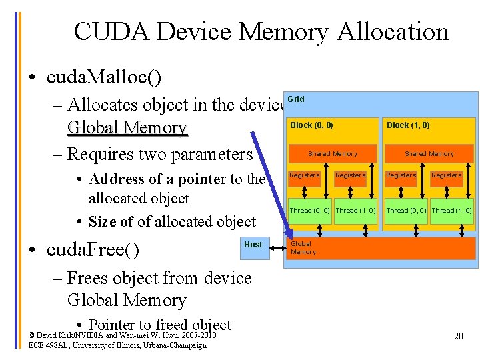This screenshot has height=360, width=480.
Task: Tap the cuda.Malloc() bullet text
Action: coord(104,78)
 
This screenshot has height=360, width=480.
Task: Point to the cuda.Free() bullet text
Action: coord(93,250)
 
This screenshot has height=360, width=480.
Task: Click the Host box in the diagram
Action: coord(253,245)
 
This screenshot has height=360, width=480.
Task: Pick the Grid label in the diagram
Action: coord(296,99)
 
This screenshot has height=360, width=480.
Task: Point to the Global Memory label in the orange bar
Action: coord(303,248)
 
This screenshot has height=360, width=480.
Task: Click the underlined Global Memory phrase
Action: coord(127,127)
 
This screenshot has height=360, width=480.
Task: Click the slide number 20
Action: coord(459,336)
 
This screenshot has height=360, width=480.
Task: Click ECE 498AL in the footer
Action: coord(47,345)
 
